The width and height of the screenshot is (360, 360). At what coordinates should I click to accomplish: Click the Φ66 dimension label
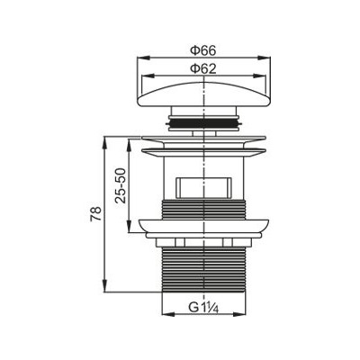point(203,50)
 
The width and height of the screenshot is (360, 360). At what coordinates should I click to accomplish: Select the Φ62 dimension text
point(203,69)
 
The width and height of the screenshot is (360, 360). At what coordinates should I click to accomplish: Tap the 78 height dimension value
point(96,213)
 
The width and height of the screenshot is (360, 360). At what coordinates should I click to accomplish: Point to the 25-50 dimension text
point(121,185)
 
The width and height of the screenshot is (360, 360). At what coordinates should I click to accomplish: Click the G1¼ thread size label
point(203,308)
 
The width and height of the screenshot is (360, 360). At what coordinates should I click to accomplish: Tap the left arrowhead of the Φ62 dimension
point(146,76)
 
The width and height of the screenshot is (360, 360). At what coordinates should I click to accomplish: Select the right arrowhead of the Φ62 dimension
point(261,76)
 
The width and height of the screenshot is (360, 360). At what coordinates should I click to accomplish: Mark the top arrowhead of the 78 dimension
point(105,142)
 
